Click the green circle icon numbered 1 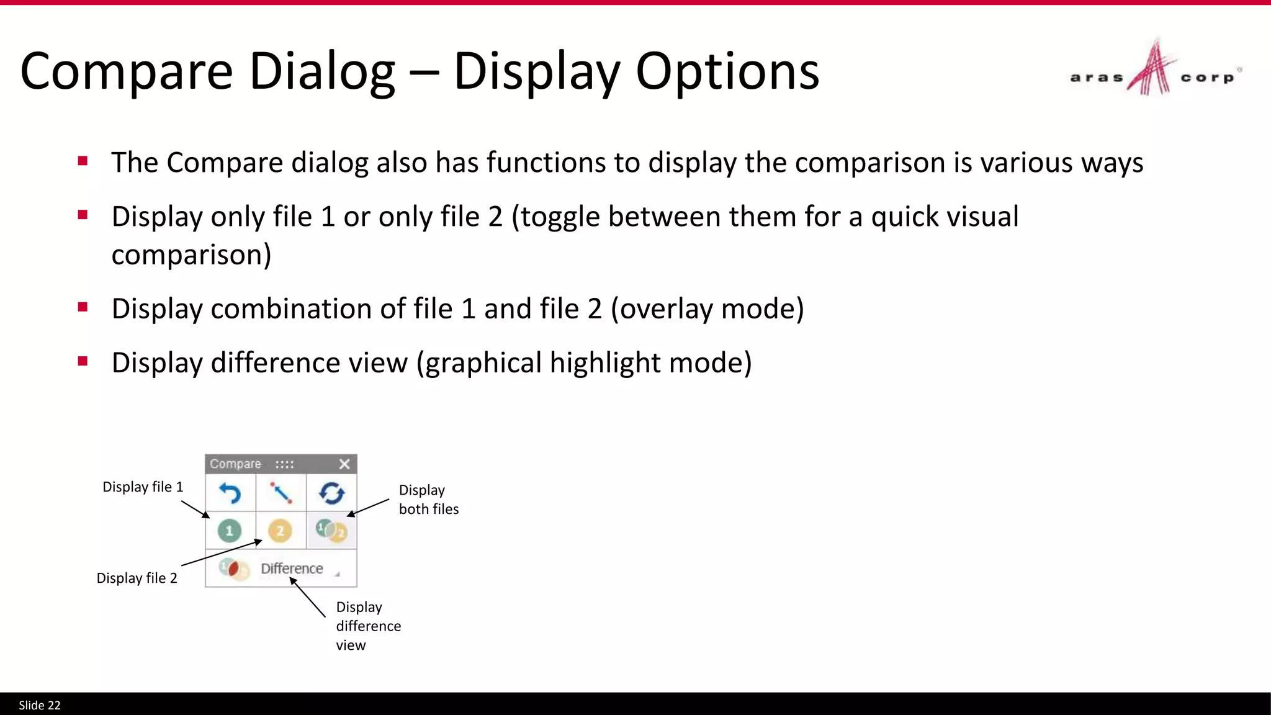(x=230, y=531)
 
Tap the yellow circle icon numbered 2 (x=280, y=531)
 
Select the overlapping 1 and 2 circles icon (x=331, y=531)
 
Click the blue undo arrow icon (x=230, y=493)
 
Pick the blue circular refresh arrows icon (x=331, y=493)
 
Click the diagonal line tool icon (x=281, y=493)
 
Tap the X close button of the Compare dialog (x=344, y=464)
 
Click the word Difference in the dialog (x=292, y=569)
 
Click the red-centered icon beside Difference (x=233, y=568)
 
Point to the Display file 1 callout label (x=143, y=487)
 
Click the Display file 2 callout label (x=137, y=578)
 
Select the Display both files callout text (x=428, y=500)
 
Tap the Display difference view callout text (x=368, y=626)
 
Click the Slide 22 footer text (x=40, y=706)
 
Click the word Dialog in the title (x=321, y=71)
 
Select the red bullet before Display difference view (x=83, y=361)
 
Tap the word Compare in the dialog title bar (x=235, y=464)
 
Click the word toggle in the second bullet (x=560, y=217)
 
